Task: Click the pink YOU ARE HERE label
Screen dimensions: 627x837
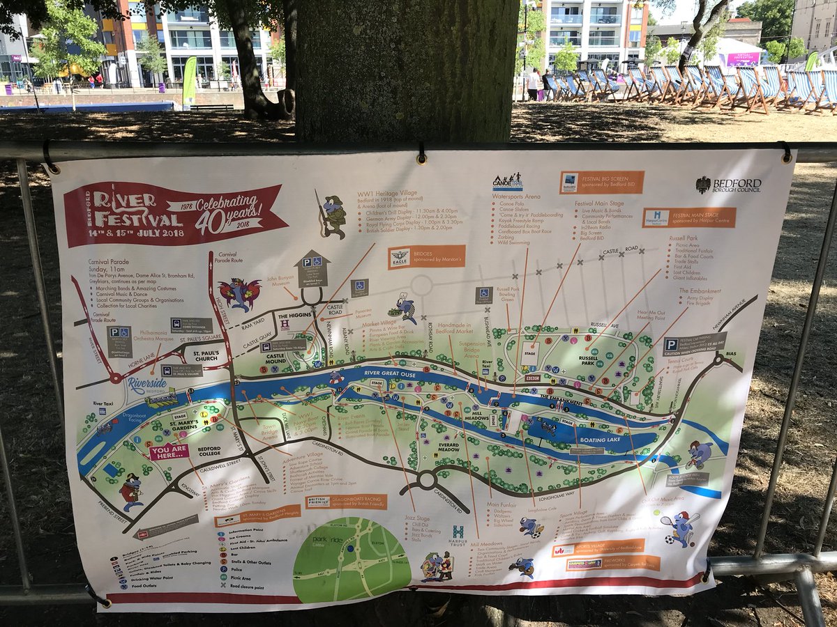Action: (x=169, y=451)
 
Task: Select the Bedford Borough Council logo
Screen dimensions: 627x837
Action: (x=728, y=185)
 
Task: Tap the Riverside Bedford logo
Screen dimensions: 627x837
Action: (x=147, y=385)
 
